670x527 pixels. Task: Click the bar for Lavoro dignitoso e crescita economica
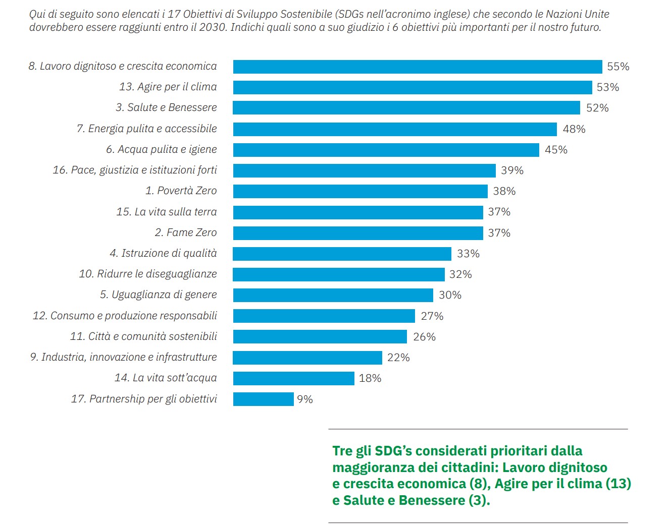click(417, 67)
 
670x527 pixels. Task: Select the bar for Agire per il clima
click(412, 87)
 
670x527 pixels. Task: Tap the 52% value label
click(597, 108)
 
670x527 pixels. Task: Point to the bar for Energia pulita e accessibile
click(394, 129)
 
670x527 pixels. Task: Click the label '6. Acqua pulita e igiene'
click(161, 149)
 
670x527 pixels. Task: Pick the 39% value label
click(512, 170)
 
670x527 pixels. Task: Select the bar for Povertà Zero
click(360, 191)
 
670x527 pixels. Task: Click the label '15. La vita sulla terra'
click(166, 212)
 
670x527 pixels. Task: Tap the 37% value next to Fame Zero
click(499, 233)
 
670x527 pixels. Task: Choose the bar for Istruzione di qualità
click(342, 254)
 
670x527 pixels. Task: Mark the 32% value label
click(460, 274)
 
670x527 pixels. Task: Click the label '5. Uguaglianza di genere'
click(158, 295)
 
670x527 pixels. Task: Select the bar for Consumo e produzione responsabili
click(324, 316)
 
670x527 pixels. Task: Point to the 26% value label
click(424, 337)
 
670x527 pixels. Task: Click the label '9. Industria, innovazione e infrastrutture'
click(123, 357)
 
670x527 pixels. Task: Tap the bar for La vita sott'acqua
click(293, 378)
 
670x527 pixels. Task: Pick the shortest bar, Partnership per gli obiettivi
click(263, 399)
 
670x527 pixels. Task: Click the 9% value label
click(305, 399)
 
